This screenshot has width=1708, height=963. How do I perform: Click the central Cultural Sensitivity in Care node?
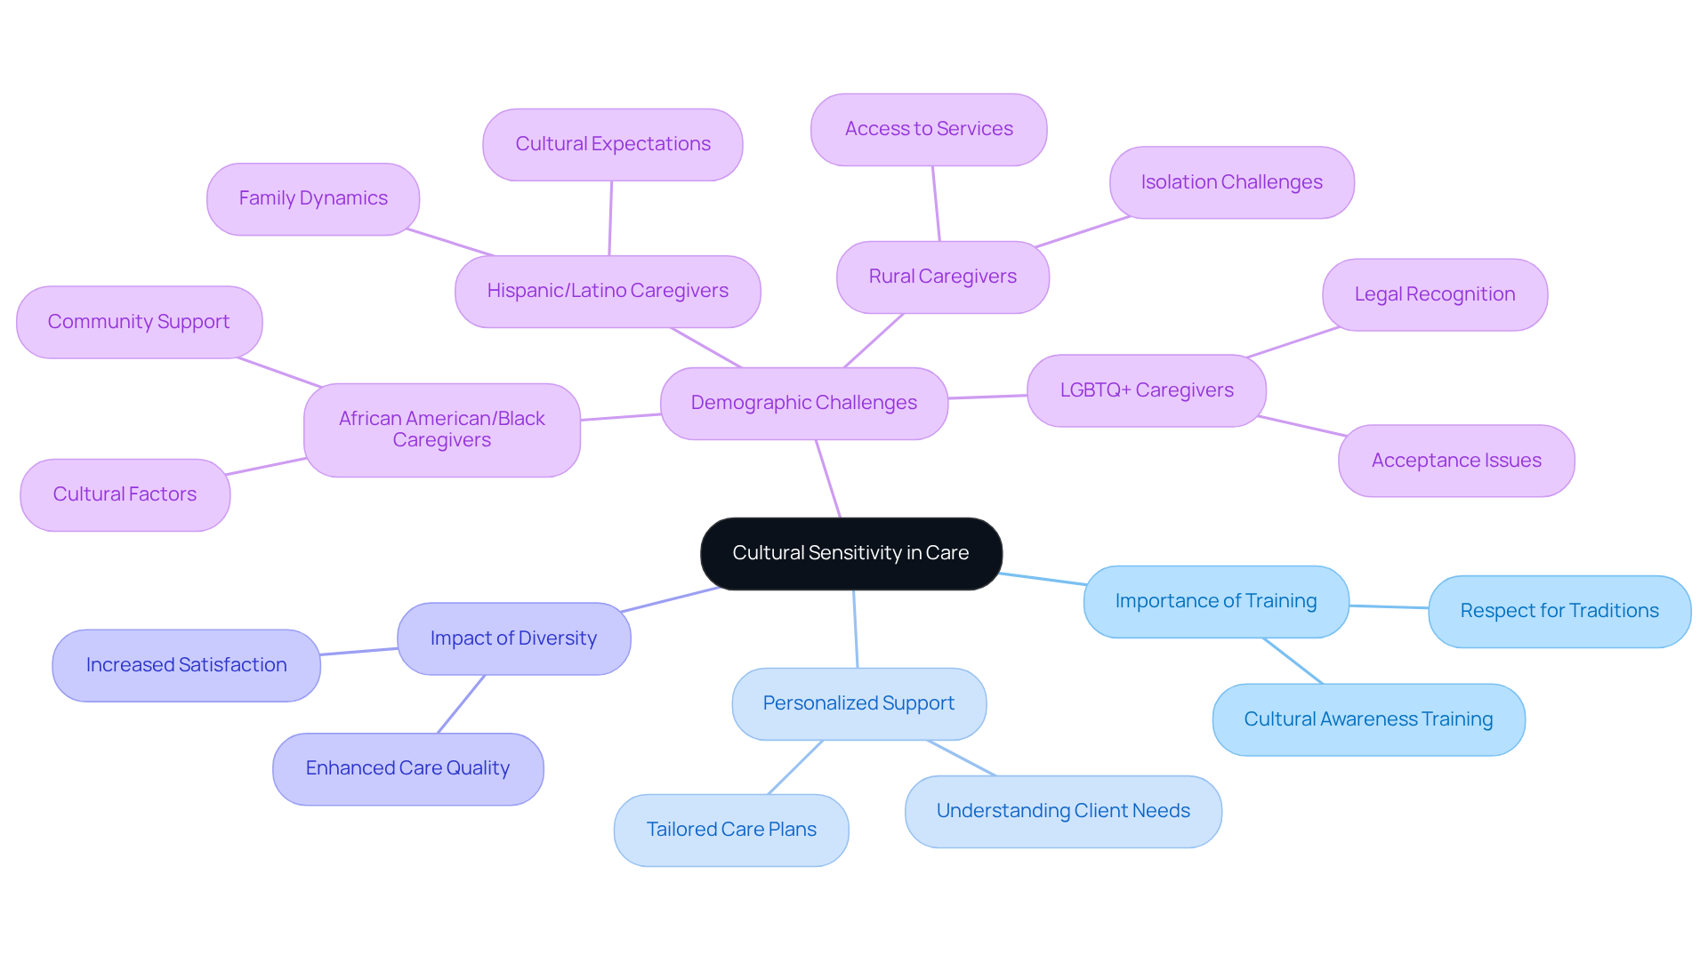850,553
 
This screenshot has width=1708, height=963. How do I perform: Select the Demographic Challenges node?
803,403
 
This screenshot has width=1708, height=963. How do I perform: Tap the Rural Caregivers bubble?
942,277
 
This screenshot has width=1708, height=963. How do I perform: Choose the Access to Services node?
928,129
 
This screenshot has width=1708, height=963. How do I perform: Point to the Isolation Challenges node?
1231,182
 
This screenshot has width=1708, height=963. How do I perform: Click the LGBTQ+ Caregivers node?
1146,390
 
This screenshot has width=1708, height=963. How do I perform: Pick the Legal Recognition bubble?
1434,294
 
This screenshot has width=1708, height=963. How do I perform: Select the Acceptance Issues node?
1455,461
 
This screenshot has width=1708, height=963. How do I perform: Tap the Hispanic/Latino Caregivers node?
607,291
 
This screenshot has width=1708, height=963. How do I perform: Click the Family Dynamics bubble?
312,198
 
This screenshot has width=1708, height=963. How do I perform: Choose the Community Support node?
138,322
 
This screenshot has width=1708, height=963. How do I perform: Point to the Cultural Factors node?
125,494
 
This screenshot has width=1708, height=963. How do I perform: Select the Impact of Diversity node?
513,638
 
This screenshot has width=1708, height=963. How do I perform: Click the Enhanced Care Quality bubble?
407,768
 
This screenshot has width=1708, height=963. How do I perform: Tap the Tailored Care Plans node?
730,830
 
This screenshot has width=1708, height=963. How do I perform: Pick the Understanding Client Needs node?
1062,811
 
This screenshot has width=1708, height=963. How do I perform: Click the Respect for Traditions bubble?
1559,611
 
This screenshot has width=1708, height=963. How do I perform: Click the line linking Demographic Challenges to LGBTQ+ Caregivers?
987,397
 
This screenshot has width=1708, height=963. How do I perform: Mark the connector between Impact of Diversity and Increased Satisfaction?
359,652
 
